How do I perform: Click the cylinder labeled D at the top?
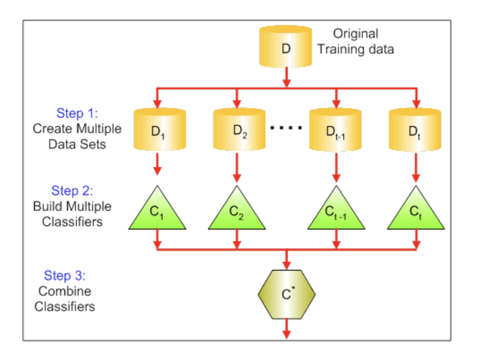coord(286,46)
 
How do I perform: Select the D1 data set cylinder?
coord(160,130)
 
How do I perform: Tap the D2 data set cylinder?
coord(240,130)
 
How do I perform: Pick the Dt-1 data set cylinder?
coord(336,130)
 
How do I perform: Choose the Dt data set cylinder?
coord(415,130)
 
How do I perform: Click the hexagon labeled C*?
coord(286,294)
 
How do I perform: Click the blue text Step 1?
coord(77,113)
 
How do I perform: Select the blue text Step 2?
coord(72,191)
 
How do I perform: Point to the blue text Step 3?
coord(65,276)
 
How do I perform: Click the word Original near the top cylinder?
coord(356,34)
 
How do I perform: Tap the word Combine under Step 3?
coord(65,291)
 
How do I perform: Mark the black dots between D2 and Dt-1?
coord(286,128)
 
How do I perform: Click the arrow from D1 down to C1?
coord(157,164)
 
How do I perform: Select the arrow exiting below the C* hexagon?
coord(286,329)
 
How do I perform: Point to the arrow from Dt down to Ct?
coord(416,167)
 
